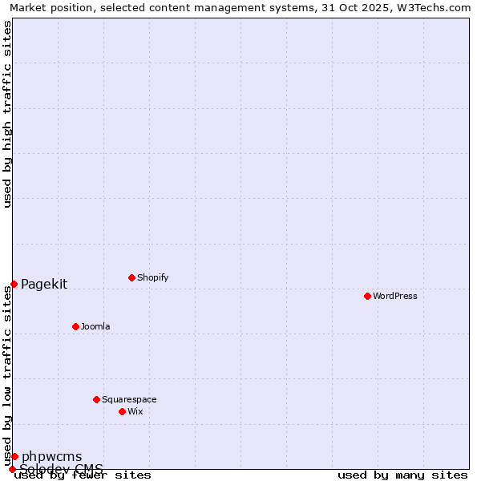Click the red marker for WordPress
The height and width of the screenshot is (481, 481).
coord(367,296)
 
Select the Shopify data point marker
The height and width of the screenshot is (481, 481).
coord(131,277)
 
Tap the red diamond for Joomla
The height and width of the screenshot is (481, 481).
coord(75,326)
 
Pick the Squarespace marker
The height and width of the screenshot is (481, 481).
coord(96,399)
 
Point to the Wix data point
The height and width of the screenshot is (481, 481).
coord(122,411)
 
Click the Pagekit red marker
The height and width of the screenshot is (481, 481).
coord(14,284)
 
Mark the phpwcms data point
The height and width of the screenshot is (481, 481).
coord(14,456)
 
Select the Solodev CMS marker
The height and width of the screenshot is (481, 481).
coord(12,469)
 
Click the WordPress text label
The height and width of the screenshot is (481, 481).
coord(395,296)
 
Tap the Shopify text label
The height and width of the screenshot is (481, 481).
coord(152,277)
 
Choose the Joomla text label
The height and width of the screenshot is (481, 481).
coord(95,326)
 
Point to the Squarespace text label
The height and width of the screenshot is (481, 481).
coord(129,399)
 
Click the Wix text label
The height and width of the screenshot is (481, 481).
coord(135,411)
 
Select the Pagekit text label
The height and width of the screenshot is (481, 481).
coord(44,284)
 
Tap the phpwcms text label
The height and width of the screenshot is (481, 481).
coord(51,456)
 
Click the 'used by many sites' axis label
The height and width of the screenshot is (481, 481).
coord(402,475)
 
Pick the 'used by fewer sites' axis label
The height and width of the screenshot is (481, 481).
coord(83,475)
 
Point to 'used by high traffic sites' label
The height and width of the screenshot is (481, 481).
coord(8,114)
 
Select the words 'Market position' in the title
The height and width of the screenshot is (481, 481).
coord(48,7)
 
